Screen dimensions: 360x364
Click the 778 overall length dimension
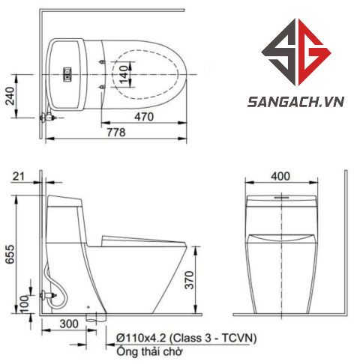pos(116,132)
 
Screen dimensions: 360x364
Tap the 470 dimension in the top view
pos(144,117)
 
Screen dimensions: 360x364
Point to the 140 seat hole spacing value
pos(124,74)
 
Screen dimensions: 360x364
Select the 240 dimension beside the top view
pos(10,96)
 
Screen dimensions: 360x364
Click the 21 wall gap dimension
pos(19,176)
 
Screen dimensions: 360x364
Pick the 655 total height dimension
pos(10,255)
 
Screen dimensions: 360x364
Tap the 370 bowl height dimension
pos(189,280)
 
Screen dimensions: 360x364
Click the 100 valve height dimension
pos(25,304)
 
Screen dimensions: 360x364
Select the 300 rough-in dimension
pos(69,324)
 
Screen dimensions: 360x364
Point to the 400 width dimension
pos(280,176)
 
